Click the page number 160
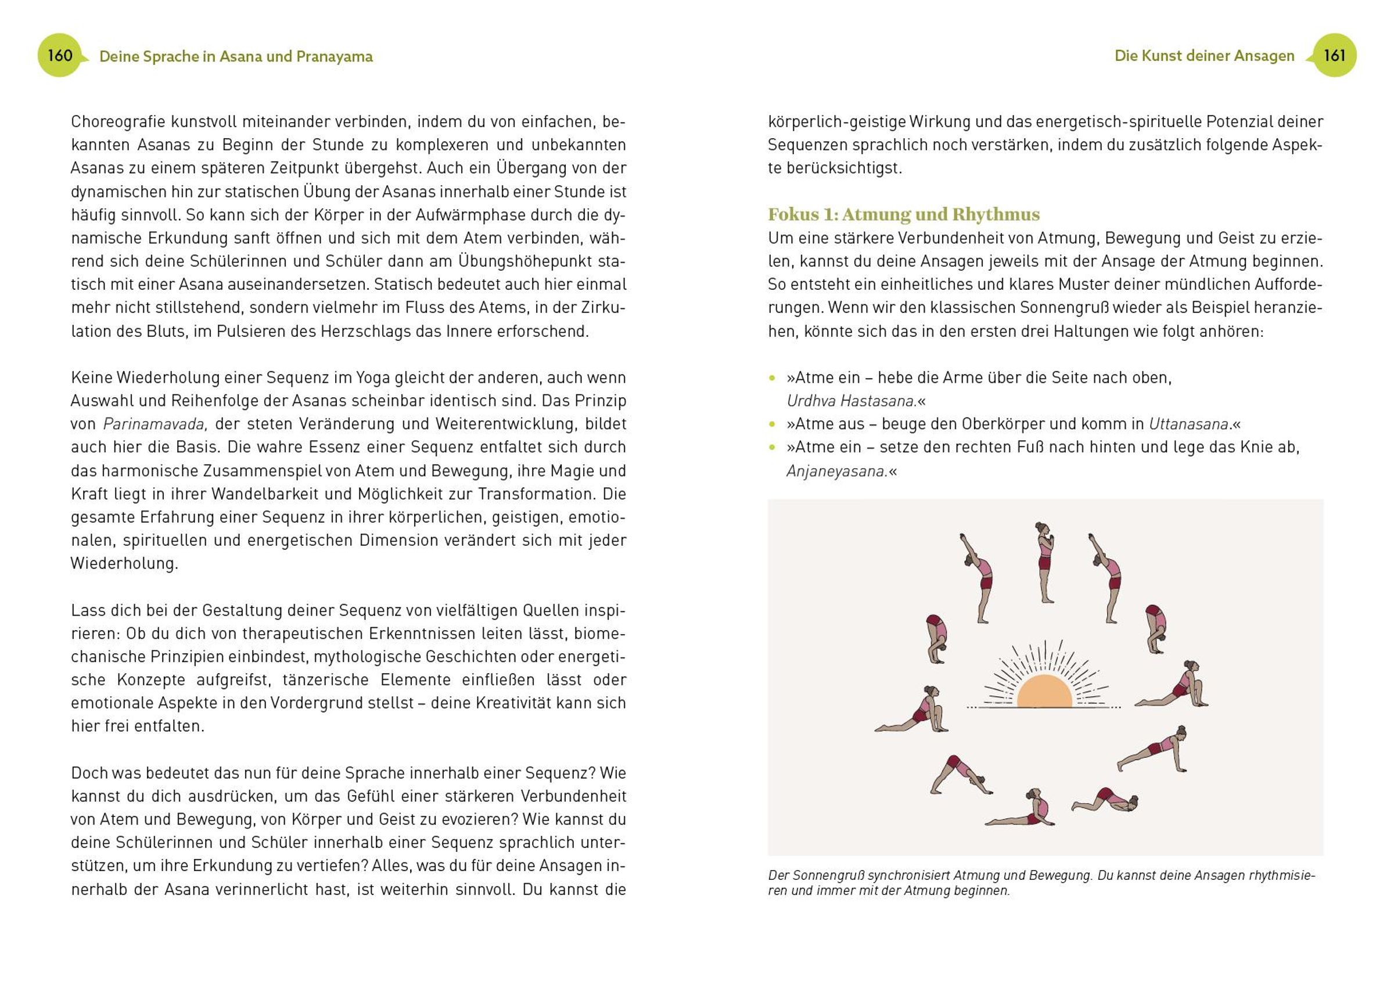(x=60, y=55)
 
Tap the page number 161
(x=1334, y=55)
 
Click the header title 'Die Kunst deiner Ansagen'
(x=1204, y=56)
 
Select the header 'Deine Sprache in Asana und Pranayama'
(x=236, y=57)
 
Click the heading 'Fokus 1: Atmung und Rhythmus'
(x=904, y=214)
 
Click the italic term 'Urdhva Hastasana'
(x=852, y=401)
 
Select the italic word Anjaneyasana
(x=837, y=471)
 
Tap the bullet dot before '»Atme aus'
(x=772, y=425)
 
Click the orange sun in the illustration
(x=1044, y=692)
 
